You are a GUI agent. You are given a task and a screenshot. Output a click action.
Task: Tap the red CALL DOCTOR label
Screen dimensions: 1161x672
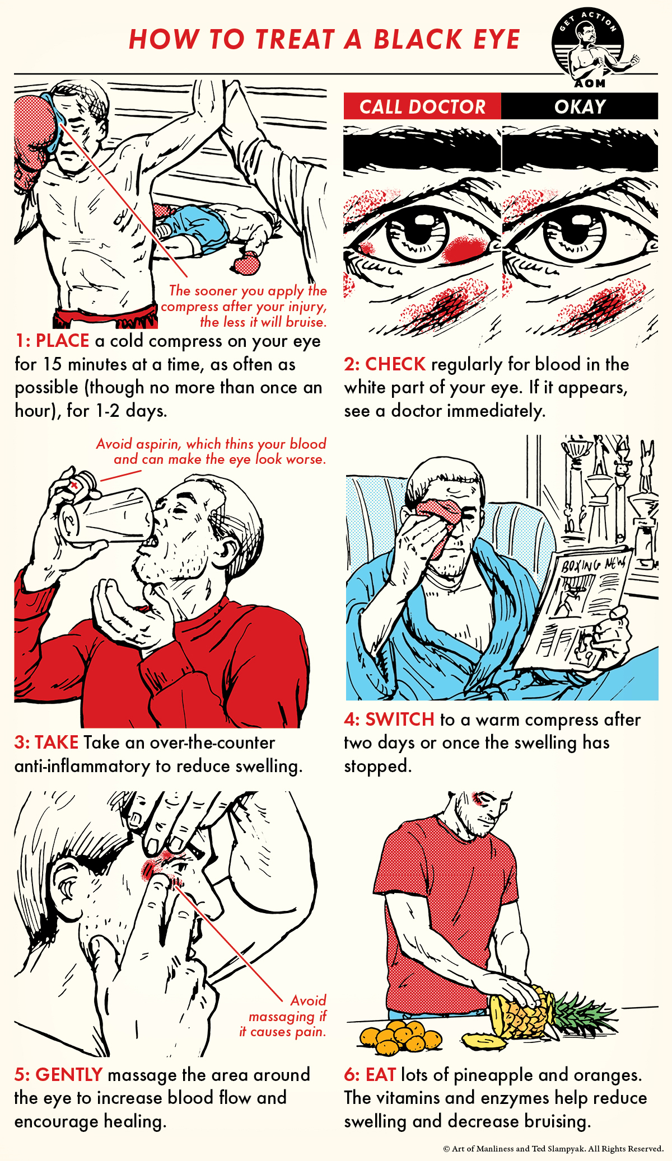click(422, 106)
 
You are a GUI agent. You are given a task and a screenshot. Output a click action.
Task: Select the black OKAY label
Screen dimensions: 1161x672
click(580, 106)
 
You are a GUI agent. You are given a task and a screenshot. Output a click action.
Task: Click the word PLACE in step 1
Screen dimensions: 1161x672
click(62, 341)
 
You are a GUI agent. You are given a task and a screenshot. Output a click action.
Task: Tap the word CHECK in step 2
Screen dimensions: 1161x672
click(395, 364)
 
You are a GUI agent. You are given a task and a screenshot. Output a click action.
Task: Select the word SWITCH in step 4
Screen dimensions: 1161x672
click(399, 720)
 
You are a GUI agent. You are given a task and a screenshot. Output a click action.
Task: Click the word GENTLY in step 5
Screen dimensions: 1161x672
click(69, 1075)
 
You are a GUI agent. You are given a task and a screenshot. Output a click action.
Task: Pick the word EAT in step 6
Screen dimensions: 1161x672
click(381, 1075)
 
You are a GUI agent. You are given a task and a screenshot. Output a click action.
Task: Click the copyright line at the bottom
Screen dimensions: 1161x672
click(553, 1149)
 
